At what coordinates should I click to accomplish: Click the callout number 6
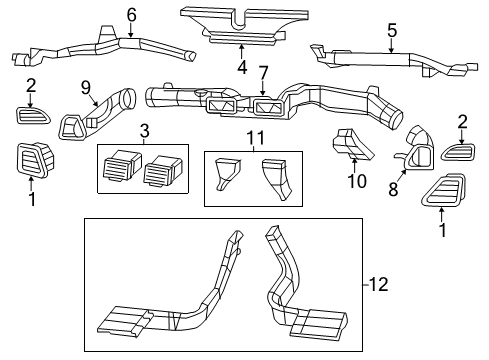[x=131, y=14]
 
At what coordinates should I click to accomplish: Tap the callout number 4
[x=241, y=69]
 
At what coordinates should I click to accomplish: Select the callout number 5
[x=392, y=30]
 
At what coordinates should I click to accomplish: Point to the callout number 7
[x=263, y=73]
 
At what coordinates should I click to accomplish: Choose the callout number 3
[x=145, y=132]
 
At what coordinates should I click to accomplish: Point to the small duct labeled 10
[x=349, y=148]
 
